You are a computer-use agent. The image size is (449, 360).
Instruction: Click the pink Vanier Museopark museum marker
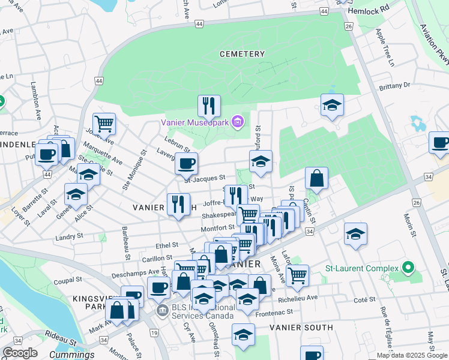pos(238,122)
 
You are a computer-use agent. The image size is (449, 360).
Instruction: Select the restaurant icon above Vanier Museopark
pos(209,106)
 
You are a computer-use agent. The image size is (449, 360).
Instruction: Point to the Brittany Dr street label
pos(394,86)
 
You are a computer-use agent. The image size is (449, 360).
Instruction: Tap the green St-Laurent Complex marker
pos(409,268)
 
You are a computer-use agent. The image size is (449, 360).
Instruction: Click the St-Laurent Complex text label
pos(362,268)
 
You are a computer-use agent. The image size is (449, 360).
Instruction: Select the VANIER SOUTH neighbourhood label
pos(301,328)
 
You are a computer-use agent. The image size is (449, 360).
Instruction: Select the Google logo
pos(20,353)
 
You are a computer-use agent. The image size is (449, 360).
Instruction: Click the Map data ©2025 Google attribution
pos(412,355)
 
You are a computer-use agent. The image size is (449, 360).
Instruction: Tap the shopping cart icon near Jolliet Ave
pos(104,124)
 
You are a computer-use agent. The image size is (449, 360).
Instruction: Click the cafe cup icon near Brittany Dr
pos(440,143)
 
